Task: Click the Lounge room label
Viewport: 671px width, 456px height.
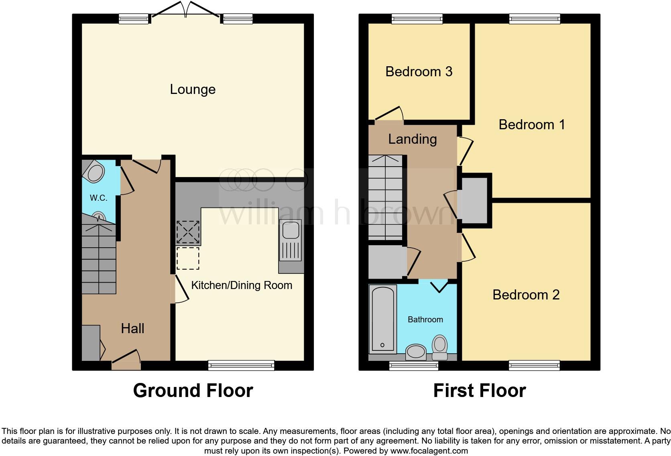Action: pos(193,89)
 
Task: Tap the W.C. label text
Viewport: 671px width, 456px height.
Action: pos(98,197)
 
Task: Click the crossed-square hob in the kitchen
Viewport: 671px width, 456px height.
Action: pos(188,232)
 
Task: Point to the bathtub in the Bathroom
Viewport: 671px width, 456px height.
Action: pos(383,319)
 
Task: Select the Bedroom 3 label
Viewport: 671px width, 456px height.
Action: pos(419,71)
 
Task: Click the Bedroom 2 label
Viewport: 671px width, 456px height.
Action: pos(526,295)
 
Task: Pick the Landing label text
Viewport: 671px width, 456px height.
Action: pos(412,139)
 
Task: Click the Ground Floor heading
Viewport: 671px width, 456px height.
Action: pos(193,390)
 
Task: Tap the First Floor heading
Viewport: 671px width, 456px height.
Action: pos(479,390)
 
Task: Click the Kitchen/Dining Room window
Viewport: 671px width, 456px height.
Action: pos(241,365)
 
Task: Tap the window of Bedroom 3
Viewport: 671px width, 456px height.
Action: pos(417,18)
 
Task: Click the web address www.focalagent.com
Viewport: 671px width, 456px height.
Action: pos(429,451)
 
